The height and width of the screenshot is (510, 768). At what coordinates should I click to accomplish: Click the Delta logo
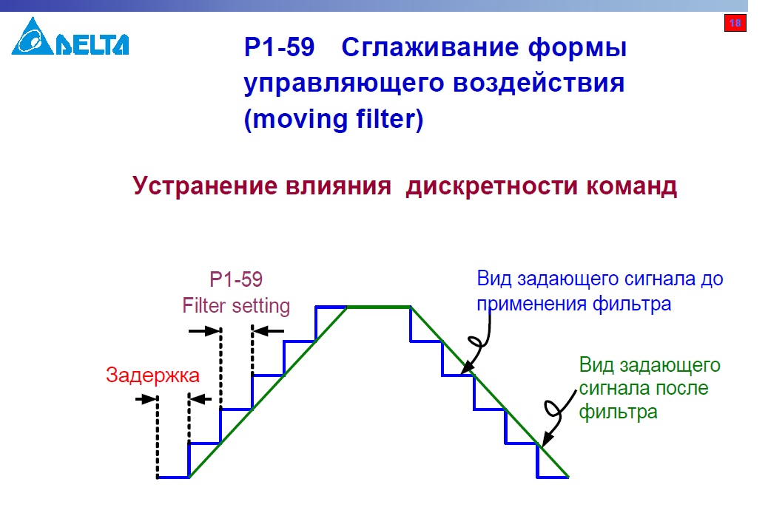tap(70, 37)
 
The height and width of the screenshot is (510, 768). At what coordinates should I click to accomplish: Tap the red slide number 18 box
tap(735, 23)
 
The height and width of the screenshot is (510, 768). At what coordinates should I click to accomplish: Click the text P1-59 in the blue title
tap(279, 47)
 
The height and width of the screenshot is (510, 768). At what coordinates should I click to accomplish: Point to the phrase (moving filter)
tap(334, 119)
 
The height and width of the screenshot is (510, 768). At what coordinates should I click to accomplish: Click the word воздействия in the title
tap(539, 83)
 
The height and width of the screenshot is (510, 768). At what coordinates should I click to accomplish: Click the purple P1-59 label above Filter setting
tap(236, 279)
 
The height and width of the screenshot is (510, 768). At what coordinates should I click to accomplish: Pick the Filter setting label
tap(236, 306)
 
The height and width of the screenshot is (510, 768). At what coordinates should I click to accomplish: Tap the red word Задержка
tap(153, 375)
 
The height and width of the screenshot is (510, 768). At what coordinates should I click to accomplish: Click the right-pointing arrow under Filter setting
tap(205, 331)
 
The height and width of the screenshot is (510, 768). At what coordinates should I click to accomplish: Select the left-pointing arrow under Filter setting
tap(268, 331)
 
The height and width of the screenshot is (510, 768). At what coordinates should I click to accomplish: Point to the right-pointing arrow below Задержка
tap(147, 399)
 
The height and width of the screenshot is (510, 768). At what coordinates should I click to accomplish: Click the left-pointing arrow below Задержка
tap(201, 399)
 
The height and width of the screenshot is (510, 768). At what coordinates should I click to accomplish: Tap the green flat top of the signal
tap(379, 307)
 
